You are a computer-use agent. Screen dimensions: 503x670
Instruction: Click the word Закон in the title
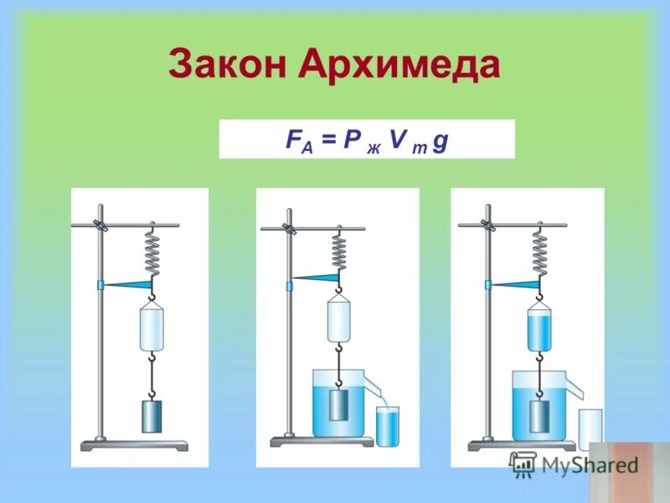pyautogui.click(x=221, y=65)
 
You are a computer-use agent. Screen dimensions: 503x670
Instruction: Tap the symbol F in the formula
pyautogui.click(x=292, y=138)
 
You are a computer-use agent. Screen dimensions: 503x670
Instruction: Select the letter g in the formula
pyautogui.click(x=441, y=140)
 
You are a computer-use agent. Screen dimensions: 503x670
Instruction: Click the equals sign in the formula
pyautogui.click(x=328, y=139)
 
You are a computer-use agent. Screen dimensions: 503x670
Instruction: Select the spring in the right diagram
pyautogui.click(x=540, y=251)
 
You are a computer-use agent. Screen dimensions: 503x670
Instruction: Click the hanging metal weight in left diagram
pyautogui.click(x=152, y=416)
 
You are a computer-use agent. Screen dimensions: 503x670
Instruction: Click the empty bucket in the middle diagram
pyautogui.click(x=338, y=319)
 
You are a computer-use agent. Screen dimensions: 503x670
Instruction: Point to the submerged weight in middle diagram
pyautogui.click(x=338, y=405)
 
